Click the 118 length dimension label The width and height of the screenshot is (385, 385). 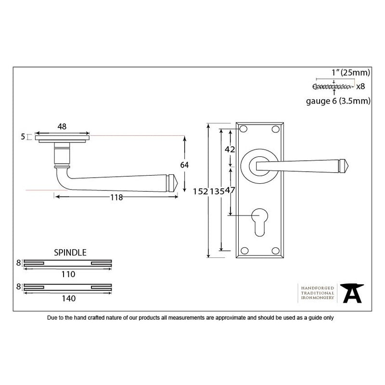(x=116, y=197)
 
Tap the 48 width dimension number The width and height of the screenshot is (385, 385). (x=62, y=127)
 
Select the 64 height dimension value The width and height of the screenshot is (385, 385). (x=184, y=165)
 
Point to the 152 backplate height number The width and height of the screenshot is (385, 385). (x=199, y=191)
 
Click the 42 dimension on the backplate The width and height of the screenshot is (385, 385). (x=230, y=149)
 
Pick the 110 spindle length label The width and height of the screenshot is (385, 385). (x=68, y=274)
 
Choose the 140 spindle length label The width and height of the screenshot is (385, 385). (x=68, y=298)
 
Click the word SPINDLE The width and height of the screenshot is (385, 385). (x=70, y=252)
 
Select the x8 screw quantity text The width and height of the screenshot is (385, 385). (x=360, y=87)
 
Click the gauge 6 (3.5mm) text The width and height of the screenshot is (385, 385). (x=338, y=101)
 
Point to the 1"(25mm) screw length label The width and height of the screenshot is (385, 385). (x=351, y=73)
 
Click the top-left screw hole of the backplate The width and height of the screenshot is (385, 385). (x=244, y=129)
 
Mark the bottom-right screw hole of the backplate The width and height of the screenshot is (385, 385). (x=276, y=250)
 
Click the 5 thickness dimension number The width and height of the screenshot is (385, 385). (x=23, y=137)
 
